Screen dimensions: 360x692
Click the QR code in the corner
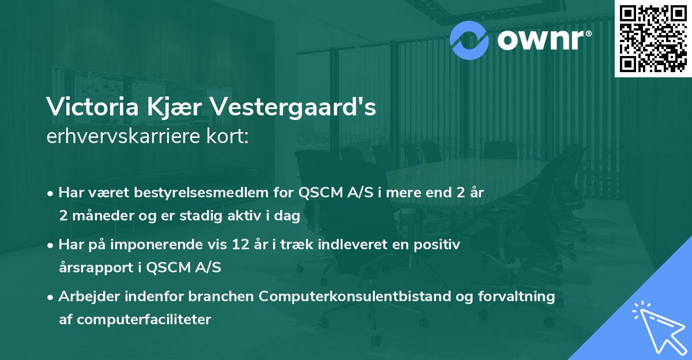point(653,38)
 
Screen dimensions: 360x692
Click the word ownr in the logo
point(543,39)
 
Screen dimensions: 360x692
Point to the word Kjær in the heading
point(171,108)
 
